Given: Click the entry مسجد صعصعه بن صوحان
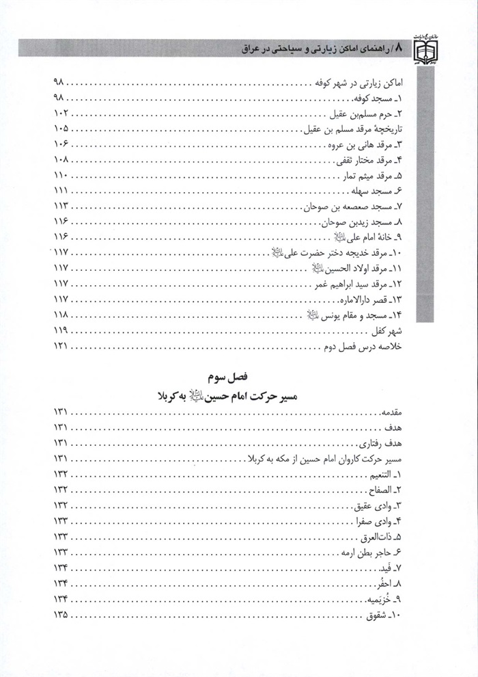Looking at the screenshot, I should click(x=354, y=207).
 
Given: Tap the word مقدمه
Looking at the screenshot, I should click(x=400, y=412).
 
